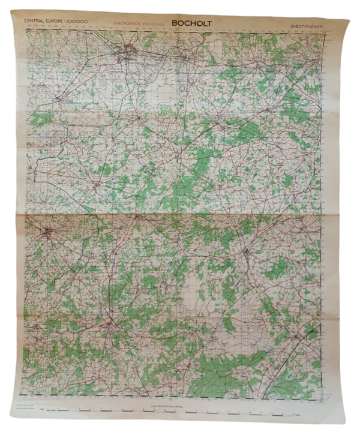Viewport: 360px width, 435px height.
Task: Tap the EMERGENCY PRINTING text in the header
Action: tap(137, 25)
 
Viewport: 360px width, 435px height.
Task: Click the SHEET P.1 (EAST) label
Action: tap(308, 27)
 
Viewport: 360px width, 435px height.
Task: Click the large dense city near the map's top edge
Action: tap(130, 55)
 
